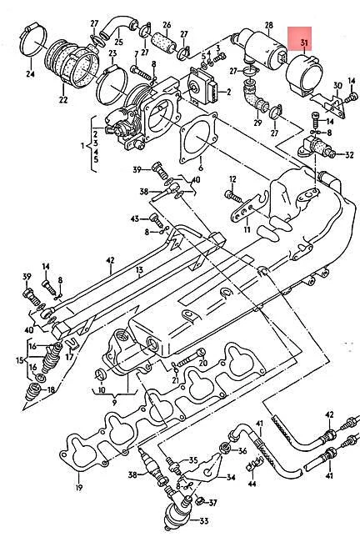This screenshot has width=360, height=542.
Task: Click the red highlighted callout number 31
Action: click(303, 43)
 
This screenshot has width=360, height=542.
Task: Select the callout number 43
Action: click(134, 218)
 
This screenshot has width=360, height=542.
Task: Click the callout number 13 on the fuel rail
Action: click(140, 270)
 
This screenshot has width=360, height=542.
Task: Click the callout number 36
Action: click(242, 451)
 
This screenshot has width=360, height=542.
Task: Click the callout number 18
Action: click(52, 389)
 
